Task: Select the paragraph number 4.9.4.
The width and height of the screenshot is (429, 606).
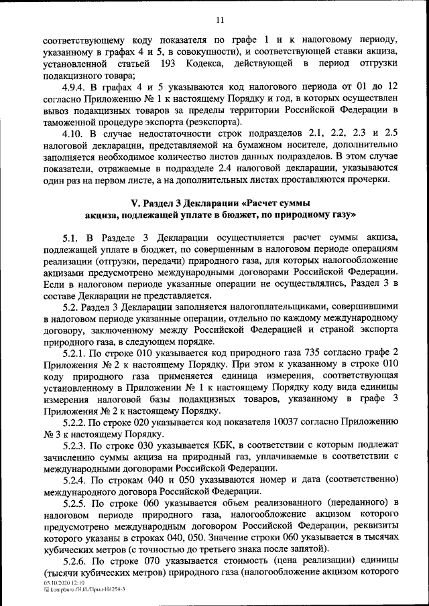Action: (75, 88)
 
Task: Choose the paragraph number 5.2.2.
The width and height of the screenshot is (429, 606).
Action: (75, 423)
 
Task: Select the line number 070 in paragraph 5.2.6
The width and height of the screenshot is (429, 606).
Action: (145, 561)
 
